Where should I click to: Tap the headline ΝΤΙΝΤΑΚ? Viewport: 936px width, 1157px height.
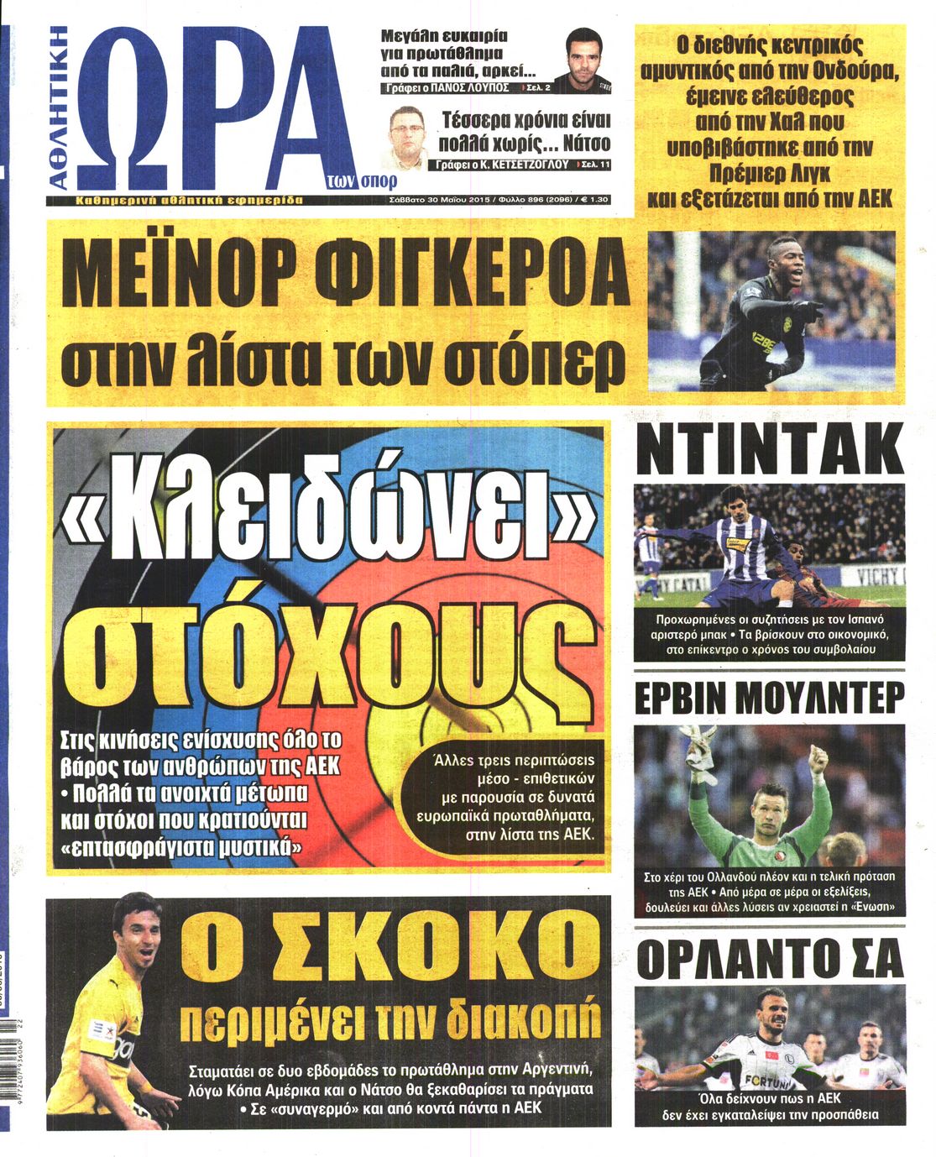(x=769, y=451)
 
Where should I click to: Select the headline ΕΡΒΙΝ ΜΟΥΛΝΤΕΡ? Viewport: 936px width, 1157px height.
(x=769, y=698)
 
